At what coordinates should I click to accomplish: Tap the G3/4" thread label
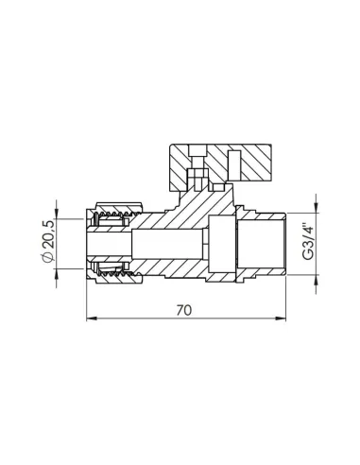tap(303, 244)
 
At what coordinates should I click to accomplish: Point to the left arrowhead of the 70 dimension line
tap(91, 319)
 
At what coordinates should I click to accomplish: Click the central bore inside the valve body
tap(170, 243)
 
